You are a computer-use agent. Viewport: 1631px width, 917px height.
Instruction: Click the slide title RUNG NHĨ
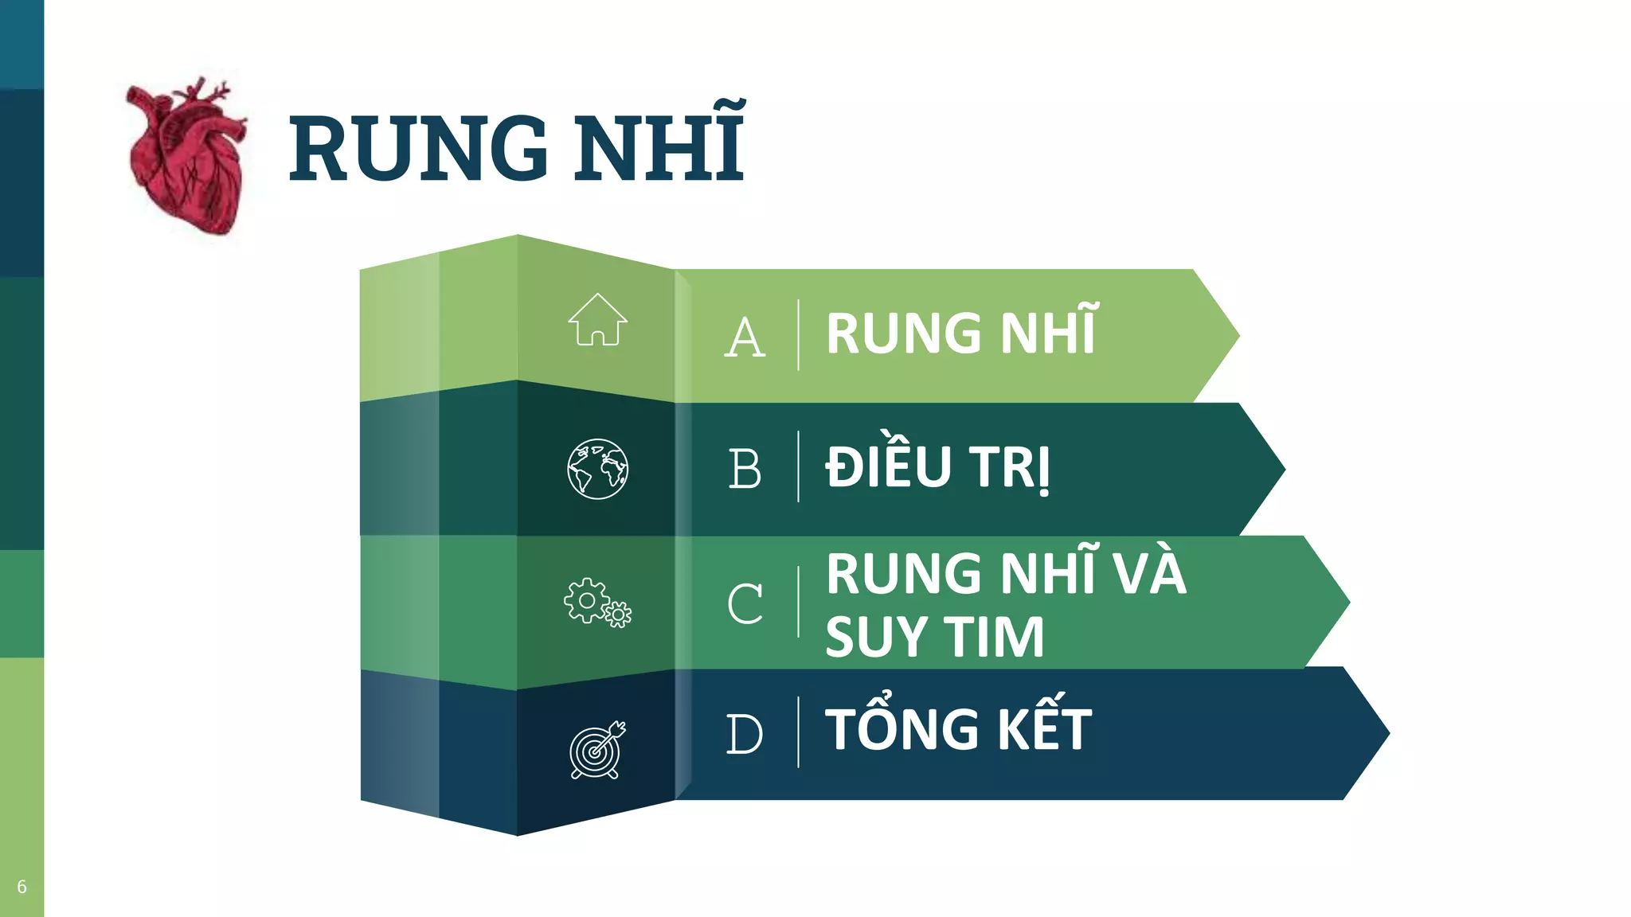pos(516,147)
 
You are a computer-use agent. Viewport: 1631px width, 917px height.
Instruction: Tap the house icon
pos(597,320)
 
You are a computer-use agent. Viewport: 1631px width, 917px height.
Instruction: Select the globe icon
pos(597,469)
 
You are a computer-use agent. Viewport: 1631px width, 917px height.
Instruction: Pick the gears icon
pos(597,603)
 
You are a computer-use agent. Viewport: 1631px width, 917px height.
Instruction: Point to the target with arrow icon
pos(597,750)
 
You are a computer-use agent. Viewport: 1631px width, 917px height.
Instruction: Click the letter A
pos(745,338)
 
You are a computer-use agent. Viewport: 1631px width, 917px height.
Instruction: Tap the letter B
pos(745,470)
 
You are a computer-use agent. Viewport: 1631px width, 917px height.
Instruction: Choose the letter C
pos(745,603)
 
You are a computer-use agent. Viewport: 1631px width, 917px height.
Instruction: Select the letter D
pos(745,734)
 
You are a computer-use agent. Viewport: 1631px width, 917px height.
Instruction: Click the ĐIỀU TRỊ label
pos(937,467)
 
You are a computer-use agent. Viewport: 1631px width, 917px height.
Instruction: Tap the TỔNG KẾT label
pos(958,730)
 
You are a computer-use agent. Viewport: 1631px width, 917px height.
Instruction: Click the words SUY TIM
pos(934,638)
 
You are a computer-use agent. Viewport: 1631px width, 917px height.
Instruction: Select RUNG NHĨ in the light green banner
pos(962,333)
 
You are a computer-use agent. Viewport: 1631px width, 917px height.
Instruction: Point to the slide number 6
pos(22,887)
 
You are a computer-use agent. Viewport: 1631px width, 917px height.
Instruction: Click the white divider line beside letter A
pos(798,335)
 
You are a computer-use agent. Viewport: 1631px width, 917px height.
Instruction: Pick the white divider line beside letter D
pos(798,732)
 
